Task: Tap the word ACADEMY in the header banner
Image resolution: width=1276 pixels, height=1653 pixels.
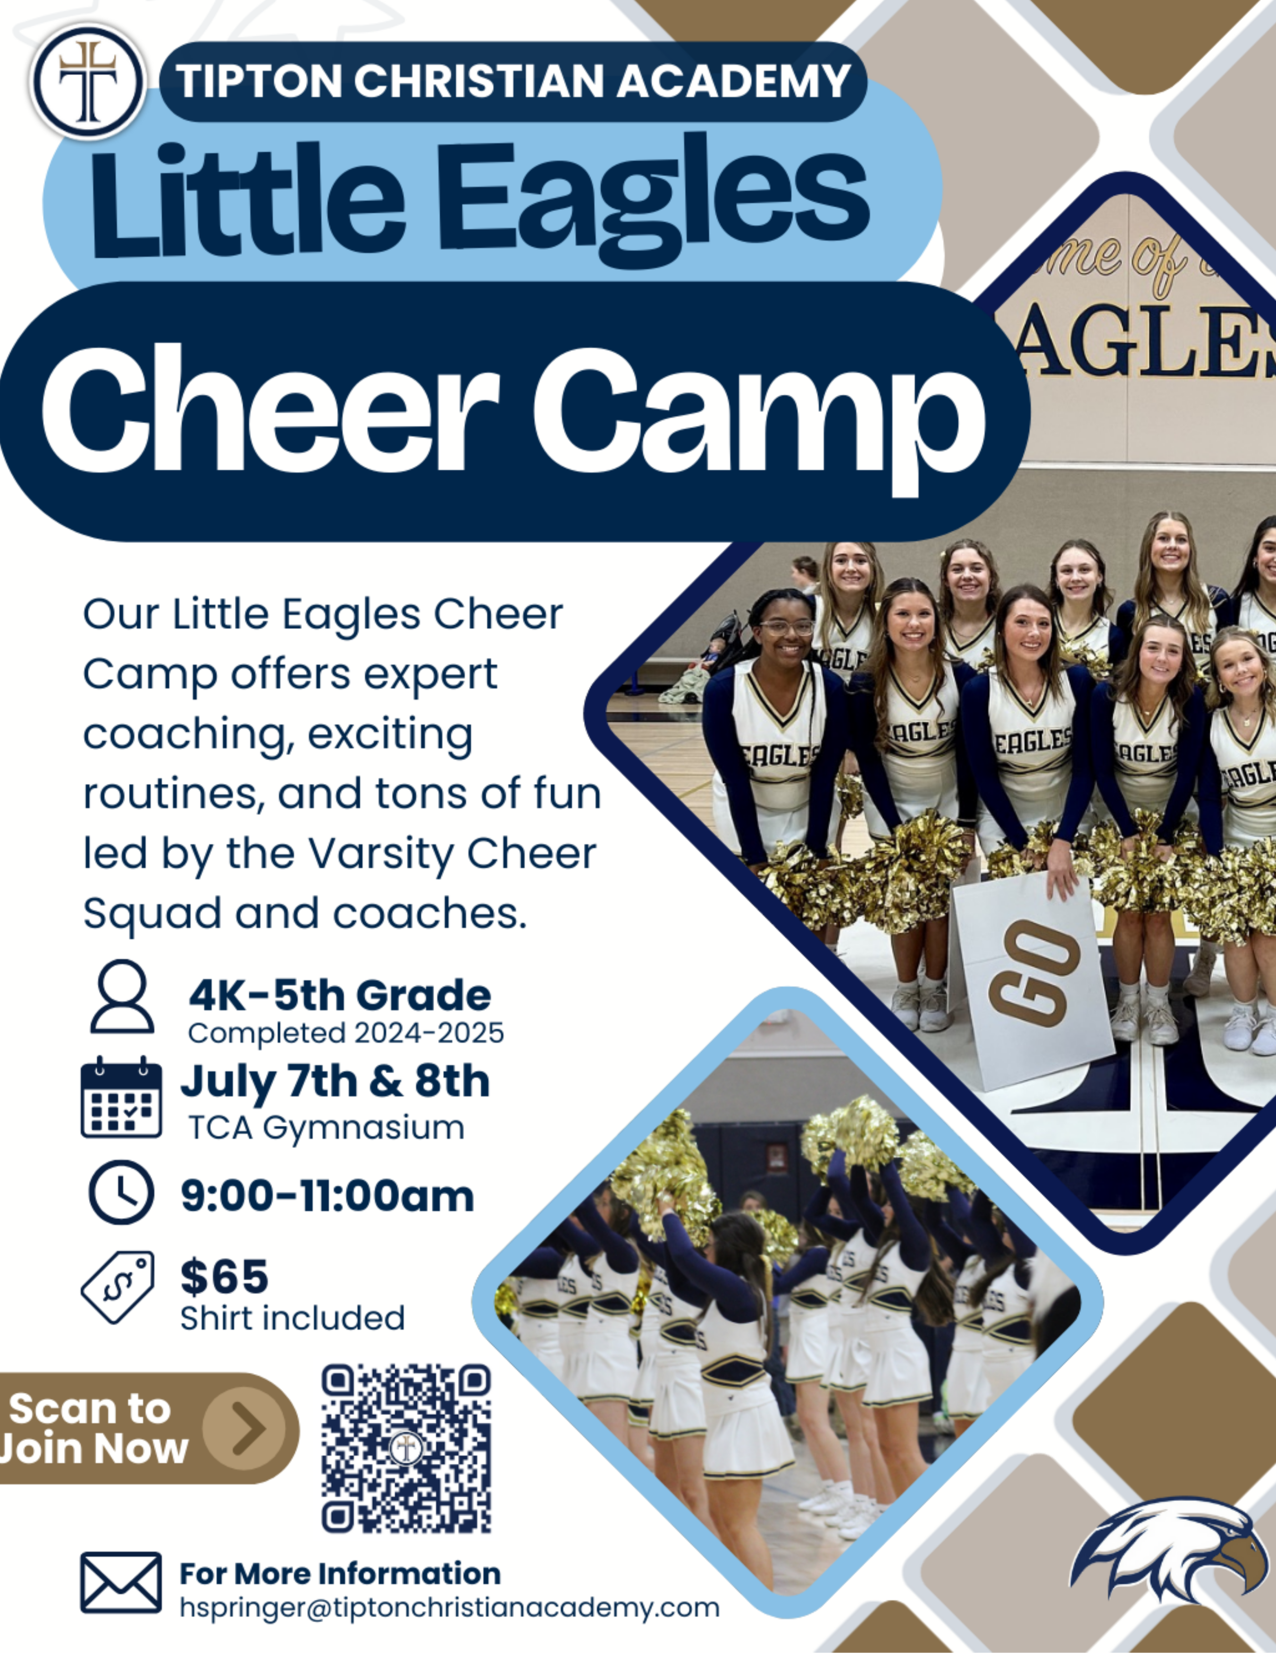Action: [734, 81]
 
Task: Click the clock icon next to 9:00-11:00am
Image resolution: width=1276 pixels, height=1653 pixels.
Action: [121, 1192]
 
